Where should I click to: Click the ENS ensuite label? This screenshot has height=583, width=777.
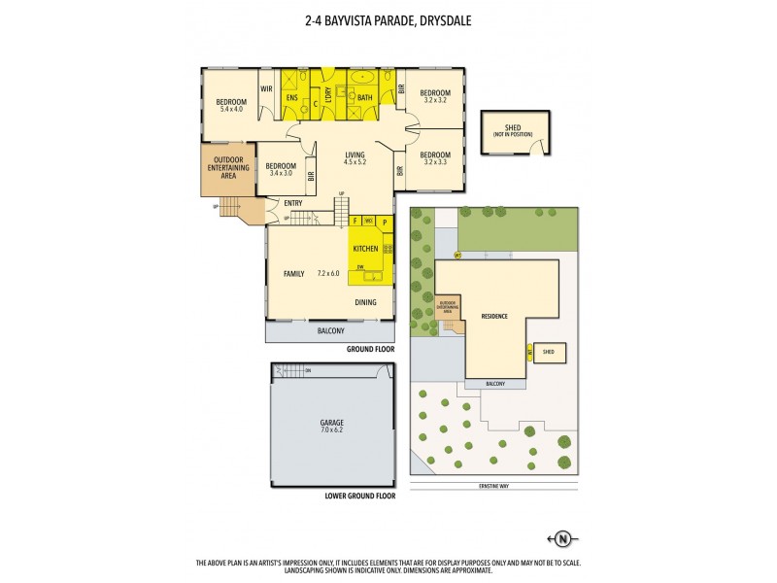coord(290,97)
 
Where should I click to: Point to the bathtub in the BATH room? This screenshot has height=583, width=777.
coord(364,78)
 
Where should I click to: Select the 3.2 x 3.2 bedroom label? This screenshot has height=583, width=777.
coord(436,97)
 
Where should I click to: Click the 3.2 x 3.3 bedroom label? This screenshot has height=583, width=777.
coord(434,158)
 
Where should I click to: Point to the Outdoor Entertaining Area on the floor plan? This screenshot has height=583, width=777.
coord(227,167)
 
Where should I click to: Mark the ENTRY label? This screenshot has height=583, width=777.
coord(292,203)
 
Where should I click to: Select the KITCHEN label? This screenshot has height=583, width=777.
coord(365,249)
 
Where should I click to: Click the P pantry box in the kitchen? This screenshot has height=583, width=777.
coord(384,222)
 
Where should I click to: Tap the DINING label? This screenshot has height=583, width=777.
coord(365,303)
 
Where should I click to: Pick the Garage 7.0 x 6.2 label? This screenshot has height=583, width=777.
coord(332,426)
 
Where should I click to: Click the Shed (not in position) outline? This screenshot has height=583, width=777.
coord(516,131)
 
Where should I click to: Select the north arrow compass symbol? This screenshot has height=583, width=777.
coord(561,537)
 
